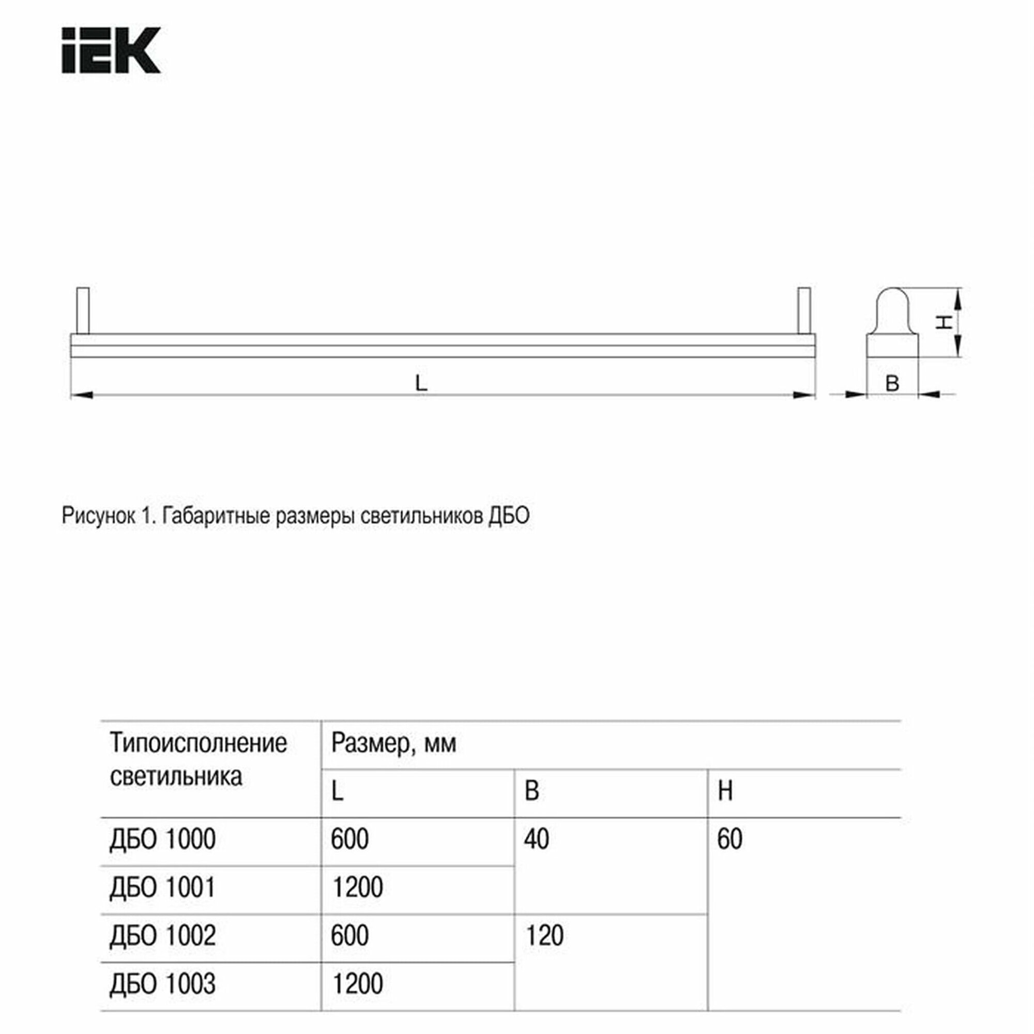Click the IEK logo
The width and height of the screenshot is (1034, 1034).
pyautogui.click(x=111, y=50)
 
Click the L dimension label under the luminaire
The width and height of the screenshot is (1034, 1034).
pyautogui.click(x=421, y=383)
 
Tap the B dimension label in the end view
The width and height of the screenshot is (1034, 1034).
pyautogui.click(x=892, y=384)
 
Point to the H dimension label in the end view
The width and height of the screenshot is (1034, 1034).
pyautogui.click(x=944, y=322)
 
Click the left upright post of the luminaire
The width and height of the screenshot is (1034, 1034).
pyautogui.click(x=83, y=310)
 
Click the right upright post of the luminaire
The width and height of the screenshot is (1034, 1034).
pyautogui.click(x=804, y=310)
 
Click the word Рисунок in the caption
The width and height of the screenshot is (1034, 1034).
pyautogui.click(x=98, y=516)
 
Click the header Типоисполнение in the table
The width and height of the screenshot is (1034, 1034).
pyautogui.click(x=198, y=743)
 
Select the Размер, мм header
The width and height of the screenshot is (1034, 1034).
pyautogui.click(x=393, y=743)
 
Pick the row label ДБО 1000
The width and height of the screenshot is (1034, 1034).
pyautogui.click(x=163, y=839)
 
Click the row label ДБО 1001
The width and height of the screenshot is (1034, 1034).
pyautogui.click(x=163, y=887)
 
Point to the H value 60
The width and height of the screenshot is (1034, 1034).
pyautogui.click(x=729, y=839)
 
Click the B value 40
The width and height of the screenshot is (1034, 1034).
pyautogui.click(x=536, y=839)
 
